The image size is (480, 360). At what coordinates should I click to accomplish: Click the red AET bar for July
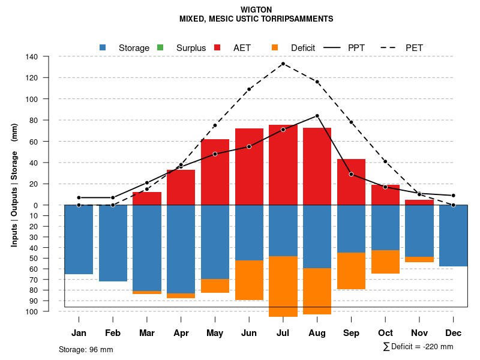tap(283, 165)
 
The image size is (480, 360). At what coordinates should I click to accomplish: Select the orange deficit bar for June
tap(249, 280)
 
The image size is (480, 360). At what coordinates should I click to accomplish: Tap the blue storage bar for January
tap(79, 239)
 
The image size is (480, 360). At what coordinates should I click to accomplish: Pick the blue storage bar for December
tap(453, 235)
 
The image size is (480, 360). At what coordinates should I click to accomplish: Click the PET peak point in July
tap(283, 64)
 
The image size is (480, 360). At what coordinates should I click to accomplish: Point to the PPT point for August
tap(317, 116)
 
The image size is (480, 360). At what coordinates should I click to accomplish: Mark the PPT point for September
tap(351, 174)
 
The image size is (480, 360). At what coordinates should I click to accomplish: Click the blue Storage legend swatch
tap(103, 47)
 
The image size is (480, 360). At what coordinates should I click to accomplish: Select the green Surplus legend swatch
tap(160, 47)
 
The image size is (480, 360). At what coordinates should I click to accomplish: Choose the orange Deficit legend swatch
tap(275, 47)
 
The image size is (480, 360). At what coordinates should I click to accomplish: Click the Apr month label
tap(181, 333)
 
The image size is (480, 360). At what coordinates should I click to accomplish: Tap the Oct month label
tap(385, 333)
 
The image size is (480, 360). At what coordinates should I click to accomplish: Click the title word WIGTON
tap(256, 10)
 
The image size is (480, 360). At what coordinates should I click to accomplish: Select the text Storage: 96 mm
tap(86, 349)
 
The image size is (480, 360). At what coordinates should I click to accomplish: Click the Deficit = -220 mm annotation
tap(418, 347)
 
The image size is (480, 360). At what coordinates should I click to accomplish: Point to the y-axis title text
tap(14, 185)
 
